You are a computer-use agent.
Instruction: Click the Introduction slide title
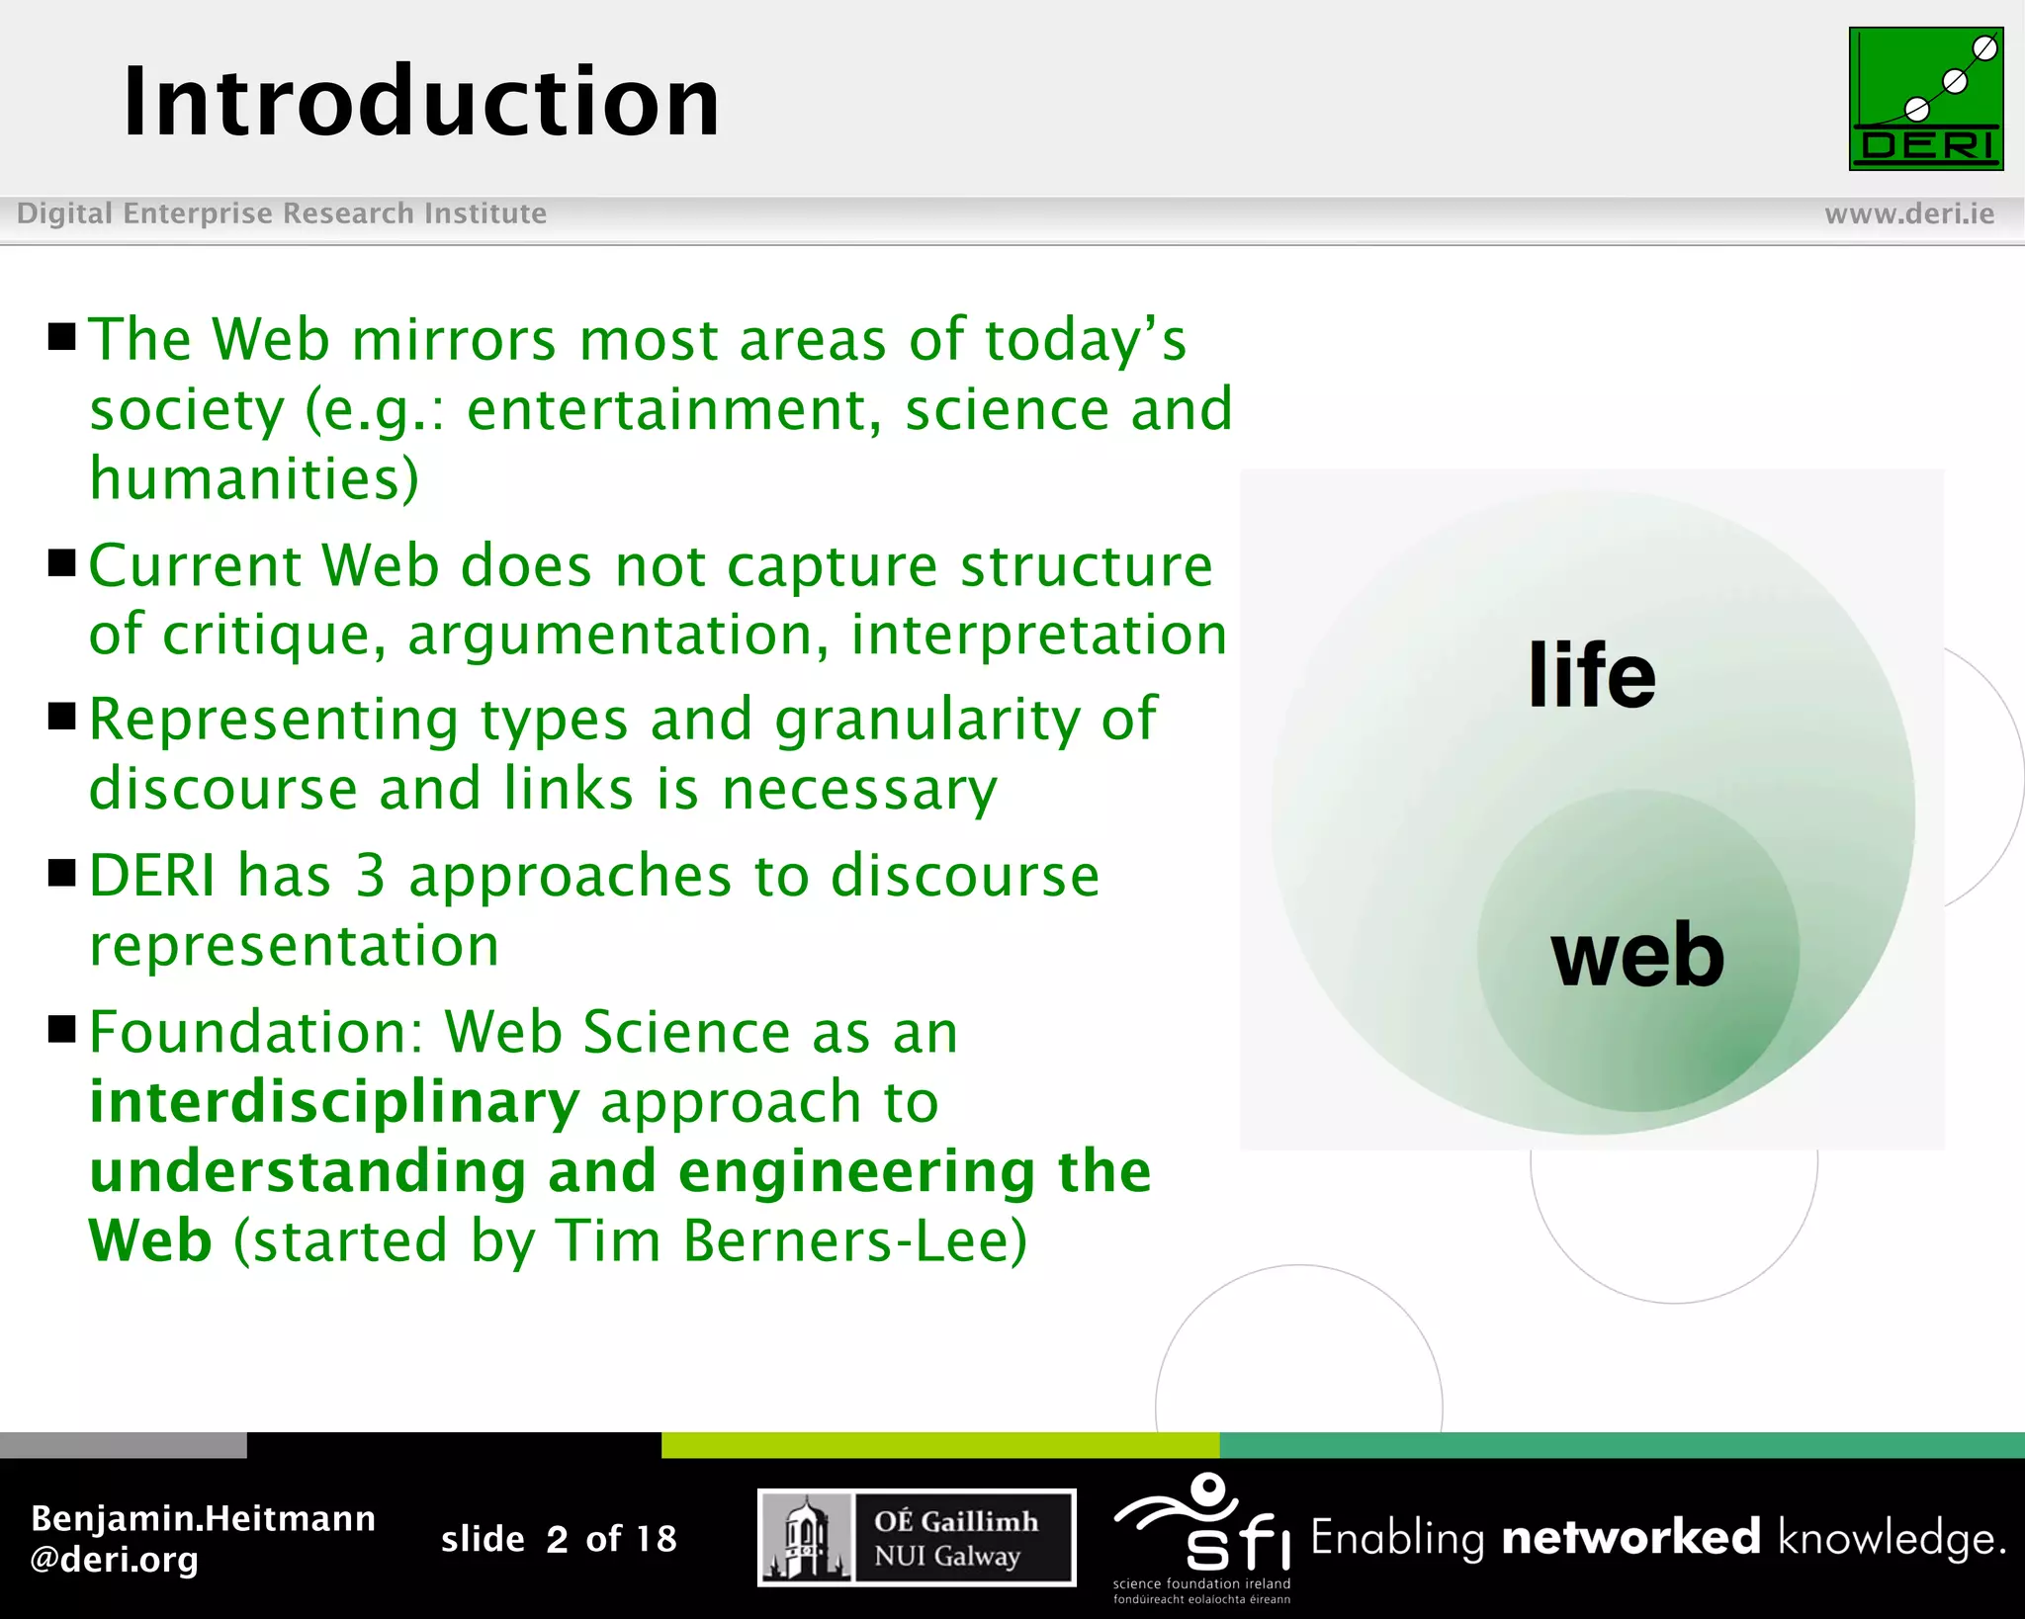420,102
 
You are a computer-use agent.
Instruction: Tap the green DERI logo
1925,99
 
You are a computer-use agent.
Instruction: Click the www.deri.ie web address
1908,213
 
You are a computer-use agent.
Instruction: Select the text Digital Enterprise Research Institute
282,213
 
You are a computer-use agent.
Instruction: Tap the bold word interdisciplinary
334,1102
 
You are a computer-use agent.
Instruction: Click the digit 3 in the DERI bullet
370,876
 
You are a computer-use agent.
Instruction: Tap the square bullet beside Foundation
62,1029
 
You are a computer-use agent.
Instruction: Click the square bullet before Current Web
62,563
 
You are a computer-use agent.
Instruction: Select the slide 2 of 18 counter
559,1539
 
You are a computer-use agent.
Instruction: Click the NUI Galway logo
916,1538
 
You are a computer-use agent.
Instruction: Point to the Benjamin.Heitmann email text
203,1538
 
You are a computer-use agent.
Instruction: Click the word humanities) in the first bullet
254,479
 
